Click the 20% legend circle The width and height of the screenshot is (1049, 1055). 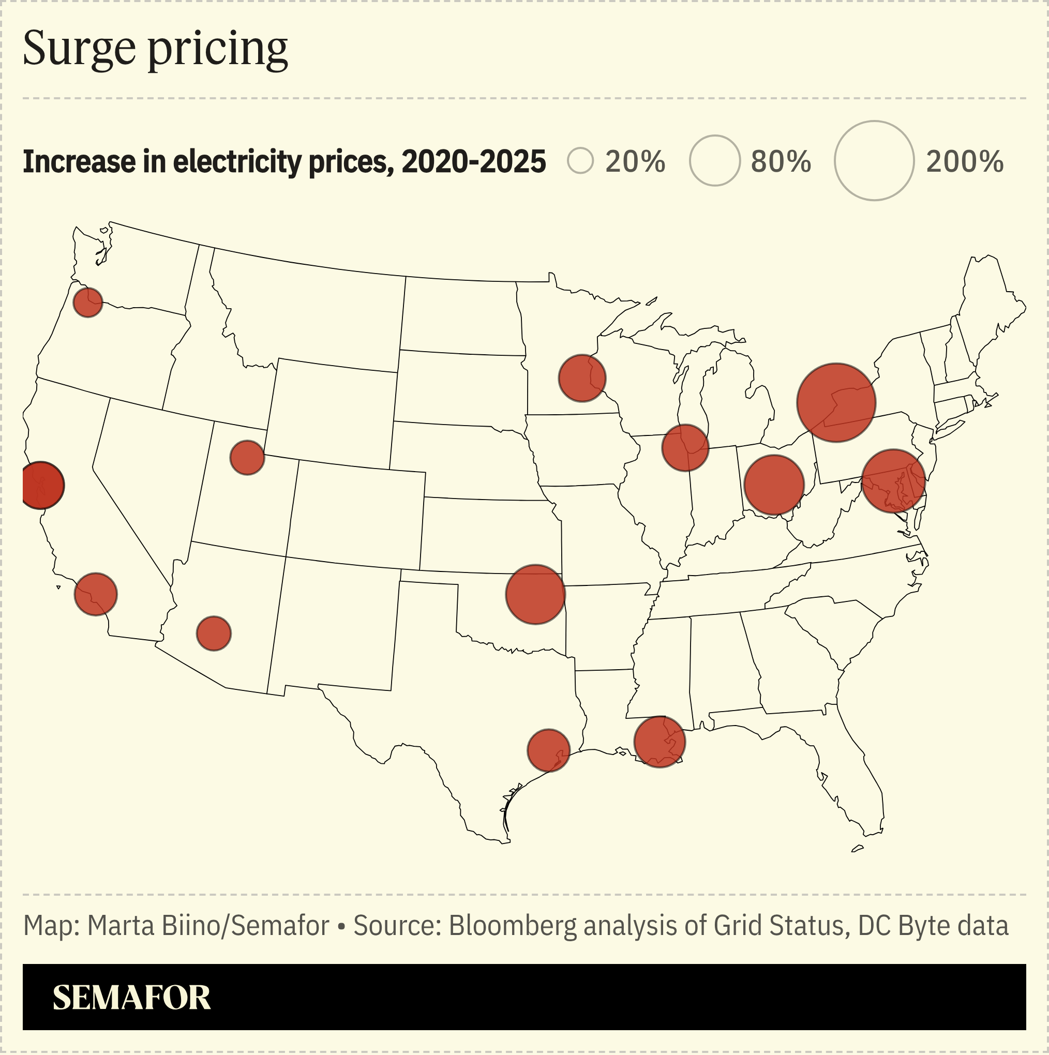580,161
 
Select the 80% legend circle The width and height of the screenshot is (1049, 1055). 715,160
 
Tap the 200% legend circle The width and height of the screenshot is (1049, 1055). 874,160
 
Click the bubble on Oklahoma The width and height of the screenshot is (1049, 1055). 535,594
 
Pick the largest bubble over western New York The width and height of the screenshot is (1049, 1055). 836,402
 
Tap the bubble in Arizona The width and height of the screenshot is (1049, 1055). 214,634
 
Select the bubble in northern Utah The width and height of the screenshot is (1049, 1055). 247,458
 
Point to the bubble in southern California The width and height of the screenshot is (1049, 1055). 96,594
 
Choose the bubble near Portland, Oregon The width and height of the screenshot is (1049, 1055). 88,302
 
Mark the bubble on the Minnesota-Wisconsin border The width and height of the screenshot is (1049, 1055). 582,378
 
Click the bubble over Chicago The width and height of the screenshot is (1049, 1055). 685,448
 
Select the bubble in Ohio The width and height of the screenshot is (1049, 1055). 774,485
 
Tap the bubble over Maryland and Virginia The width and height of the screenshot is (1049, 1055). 893,480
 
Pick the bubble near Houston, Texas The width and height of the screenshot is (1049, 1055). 548,750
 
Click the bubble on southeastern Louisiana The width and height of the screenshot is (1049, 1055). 660,742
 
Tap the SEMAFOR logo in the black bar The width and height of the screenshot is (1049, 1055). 131,998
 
